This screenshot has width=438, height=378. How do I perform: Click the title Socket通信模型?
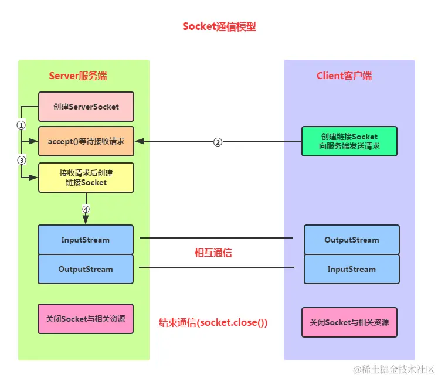pyautogui.click(x=219, y=26)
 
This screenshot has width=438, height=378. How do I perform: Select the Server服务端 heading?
pyautogui.click(x=77, y=76)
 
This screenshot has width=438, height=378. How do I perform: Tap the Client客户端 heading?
pyautogui.click(x=344, y=76)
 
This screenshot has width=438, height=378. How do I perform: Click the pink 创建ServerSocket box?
pyautogui.click(x=86, y=107)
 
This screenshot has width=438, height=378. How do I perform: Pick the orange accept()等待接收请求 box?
pyautogui.click(x=86, y=141)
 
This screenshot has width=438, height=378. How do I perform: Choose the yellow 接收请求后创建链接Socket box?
pyautogui.click(x=86, y=178)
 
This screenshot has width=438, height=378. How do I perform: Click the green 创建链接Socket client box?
pyautogui.click(x=349, y=141)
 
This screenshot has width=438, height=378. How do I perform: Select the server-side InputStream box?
pyautogui.click(x=86, y=240)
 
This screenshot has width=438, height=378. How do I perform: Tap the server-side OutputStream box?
pyautogui.click(x=86, y=269)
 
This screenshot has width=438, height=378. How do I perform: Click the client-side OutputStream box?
pyautogui.click(x=351, y=240)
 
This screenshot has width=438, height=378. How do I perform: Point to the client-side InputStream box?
pyautogui.click(x=351, y=269)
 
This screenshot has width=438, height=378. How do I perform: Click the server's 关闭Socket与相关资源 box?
pyautogui.click(x=86, y=319)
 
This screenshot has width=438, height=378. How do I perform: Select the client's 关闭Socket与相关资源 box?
pyautogui.click(x=349, y=322)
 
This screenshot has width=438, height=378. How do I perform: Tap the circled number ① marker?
pyautogui.click(x=21, y=125)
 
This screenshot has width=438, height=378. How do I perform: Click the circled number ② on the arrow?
pyautogui.click(x=218, y=142)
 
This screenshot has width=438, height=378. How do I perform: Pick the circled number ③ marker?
pyautogui.click(x=21, y=160)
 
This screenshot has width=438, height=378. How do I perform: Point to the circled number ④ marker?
pyautogui.click(x=86, y=209)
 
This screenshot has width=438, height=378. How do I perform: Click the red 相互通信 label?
pyautogui.click(x=213, y=253)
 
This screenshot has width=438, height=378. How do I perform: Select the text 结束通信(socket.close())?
pyautogui.click(x=213, y=322)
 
